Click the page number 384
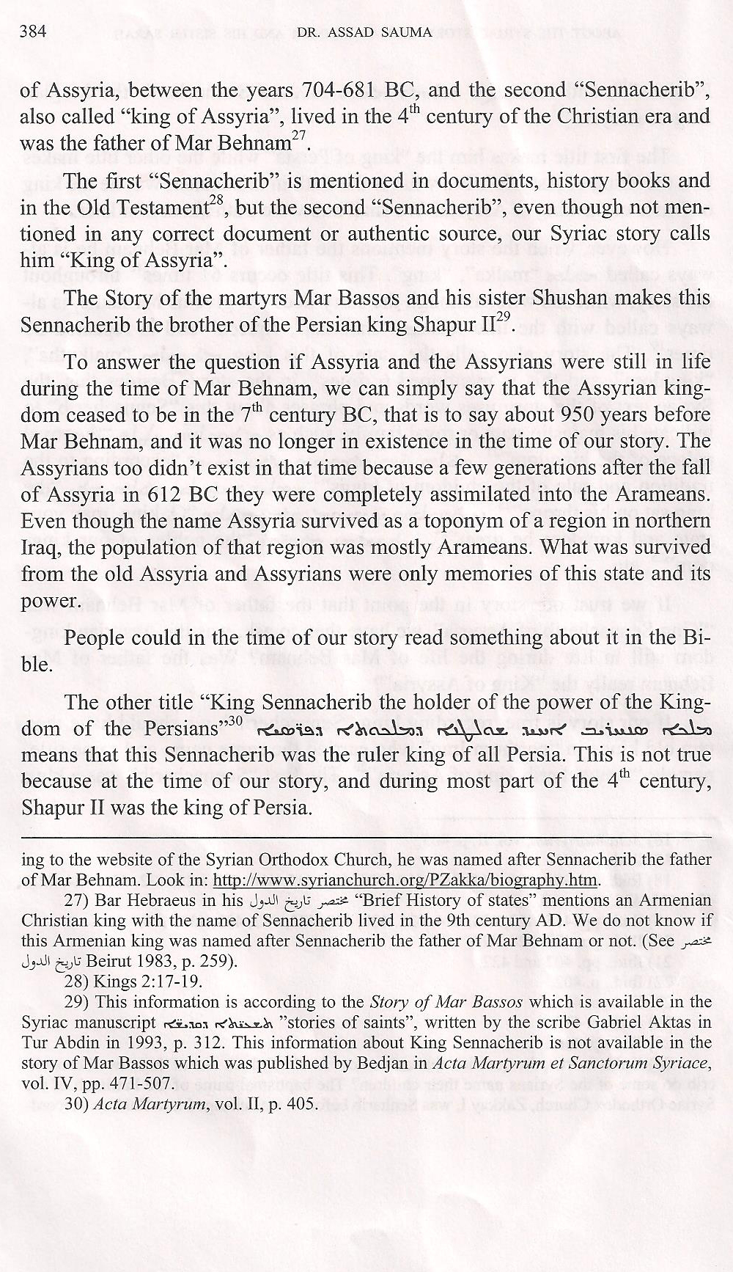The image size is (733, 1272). coord(36,32)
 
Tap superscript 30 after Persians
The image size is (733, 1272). coord(235,721)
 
